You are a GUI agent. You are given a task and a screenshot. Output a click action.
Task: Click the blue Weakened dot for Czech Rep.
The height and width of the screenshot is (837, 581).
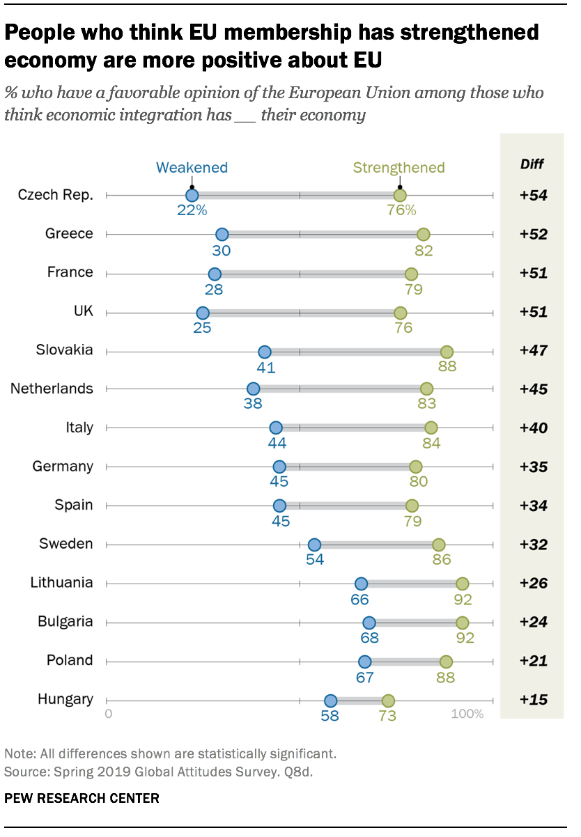click(192, 196)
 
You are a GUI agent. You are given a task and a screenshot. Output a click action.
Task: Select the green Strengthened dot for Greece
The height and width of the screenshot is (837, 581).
click(423, 235)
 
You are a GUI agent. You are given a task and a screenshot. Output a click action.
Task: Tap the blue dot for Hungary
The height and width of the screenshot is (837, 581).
click(330, 701)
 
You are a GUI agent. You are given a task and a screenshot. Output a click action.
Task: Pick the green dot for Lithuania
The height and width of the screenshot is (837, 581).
click(462, 584)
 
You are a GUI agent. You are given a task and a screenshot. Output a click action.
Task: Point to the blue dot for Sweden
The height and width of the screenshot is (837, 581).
click(314, 545)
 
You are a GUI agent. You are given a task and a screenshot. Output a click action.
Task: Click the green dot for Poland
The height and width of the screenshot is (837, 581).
click(446, 662)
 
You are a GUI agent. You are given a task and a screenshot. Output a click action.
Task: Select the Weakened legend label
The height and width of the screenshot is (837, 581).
click(192, 167)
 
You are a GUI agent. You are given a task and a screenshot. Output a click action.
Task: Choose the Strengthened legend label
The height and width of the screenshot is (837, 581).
click(398, 167)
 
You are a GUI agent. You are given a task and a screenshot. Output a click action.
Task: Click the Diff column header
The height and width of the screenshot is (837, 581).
click(532, 164)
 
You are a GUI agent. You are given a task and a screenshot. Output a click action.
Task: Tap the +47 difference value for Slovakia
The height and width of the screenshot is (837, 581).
click(533, 351)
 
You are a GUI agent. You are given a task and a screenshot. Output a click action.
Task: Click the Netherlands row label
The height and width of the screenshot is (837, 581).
click(52, 389)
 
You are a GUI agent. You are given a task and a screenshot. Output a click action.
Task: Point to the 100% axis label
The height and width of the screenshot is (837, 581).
click(467, 714)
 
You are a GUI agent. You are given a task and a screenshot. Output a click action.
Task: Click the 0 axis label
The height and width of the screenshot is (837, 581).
click(108, 714)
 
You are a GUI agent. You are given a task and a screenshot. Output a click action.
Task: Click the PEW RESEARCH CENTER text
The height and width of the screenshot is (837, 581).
click(82, 798)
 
